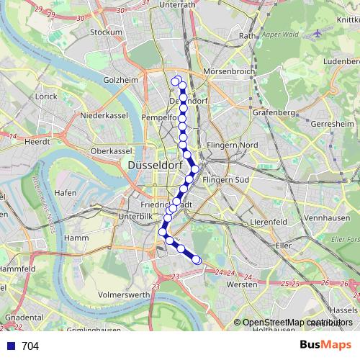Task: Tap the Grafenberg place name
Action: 275,112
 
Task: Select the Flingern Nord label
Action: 231,145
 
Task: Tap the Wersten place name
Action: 242,284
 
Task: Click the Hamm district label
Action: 76,237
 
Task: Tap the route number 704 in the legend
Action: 30,346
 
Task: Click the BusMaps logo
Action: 325,346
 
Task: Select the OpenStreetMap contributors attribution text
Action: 297,323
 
